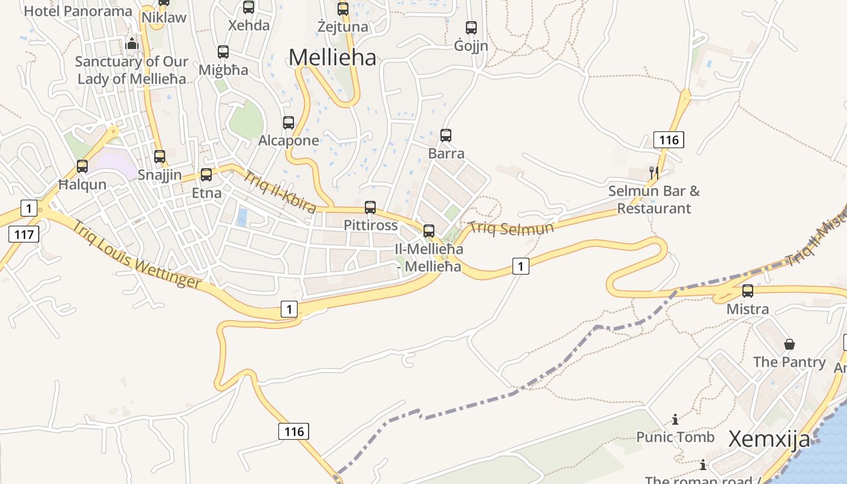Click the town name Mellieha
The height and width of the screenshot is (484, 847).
point(332,57)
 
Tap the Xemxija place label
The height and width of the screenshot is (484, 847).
point(769,439)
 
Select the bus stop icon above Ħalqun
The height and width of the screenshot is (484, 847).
point(82,166)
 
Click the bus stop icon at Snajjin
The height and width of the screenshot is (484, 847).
point(160,157)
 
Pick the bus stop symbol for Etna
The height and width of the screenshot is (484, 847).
point(206,175)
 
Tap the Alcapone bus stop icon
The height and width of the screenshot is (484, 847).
point(289,123)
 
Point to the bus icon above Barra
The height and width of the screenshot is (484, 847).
point(446,136)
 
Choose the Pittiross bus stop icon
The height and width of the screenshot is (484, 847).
point(370,208)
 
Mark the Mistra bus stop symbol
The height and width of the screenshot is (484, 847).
point(748,291)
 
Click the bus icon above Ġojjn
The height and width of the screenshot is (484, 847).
point(471,27)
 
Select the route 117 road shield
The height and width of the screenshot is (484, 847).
point(24,234)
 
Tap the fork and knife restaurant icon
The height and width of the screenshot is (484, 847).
point(653,173)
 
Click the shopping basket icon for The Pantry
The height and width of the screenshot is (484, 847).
point(790,344)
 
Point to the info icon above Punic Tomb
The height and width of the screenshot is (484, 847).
point(675,419)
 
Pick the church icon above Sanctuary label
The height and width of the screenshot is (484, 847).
point(132,44)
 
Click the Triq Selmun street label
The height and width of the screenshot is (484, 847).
point(511,228)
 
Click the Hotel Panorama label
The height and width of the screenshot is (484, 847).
point(77,11)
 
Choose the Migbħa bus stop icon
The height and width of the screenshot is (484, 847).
point(223,52)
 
